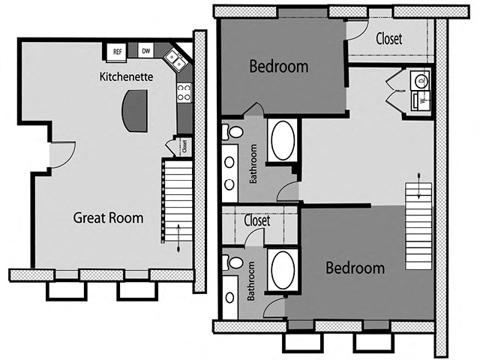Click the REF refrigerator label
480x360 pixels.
[x=117, y=52]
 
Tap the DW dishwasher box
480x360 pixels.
[x=146, y=51]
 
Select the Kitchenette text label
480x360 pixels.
[x=127, y=76]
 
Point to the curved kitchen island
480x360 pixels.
[x=136, y=111]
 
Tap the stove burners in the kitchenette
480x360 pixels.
[x=184, y=92]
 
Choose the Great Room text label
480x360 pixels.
[x=108, y=218]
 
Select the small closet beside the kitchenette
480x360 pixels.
[x=183, y=146]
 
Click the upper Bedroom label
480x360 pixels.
[x=278, y=67]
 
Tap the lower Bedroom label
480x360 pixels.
[x=355, y=268]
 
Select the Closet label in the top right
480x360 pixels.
[x=388, y=37]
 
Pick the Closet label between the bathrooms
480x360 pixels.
[x=257, y=221]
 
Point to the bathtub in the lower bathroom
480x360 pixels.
[x=283, y=270]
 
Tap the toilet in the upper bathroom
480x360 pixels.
[x=232, y=133]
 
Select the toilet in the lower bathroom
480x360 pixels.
[x=232, y=262]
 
